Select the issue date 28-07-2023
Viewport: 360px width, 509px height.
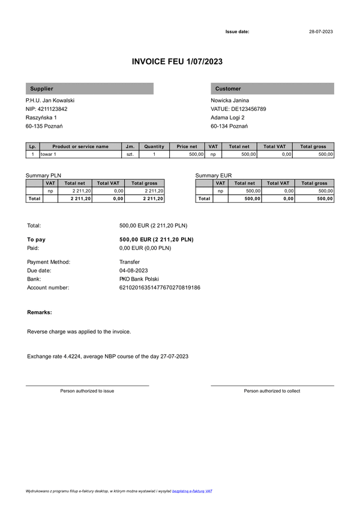click(320, 31)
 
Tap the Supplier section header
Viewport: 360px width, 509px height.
click(41, 89)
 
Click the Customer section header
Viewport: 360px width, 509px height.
click(228, 89)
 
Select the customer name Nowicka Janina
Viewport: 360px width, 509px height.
click(230, 100)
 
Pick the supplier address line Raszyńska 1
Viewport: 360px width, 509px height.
click(41, 118)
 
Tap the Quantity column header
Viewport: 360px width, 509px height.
click(154, 146)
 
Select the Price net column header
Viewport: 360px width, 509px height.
click(187, 146)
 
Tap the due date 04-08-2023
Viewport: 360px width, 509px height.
click(134, 270)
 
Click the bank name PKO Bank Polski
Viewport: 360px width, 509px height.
click(139, 279)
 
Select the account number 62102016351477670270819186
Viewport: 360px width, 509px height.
click(160, 288)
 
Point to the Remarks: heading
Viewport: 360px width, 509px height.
click(40, 312)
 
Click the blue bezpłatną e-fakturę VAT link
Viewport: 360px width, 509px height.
click(192, 491)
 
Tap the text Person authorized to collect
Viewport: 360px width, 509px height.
click(272, 391)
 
